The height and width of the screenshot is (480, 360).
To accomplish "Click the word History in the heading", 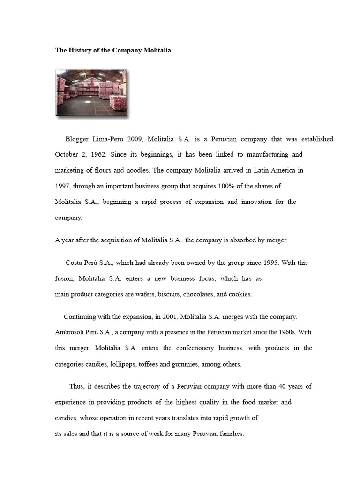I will pos(82,50).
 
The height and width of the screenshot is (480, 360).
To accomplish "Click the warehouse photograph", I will pos(91,92).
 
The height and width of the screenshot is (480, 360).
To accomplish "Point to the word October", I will pos(67,154).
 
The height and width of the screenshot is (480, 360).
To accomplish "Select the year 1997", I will pos(63,186).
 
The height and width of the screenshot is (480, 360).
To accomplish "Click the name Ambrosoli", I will pos(70,332).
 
